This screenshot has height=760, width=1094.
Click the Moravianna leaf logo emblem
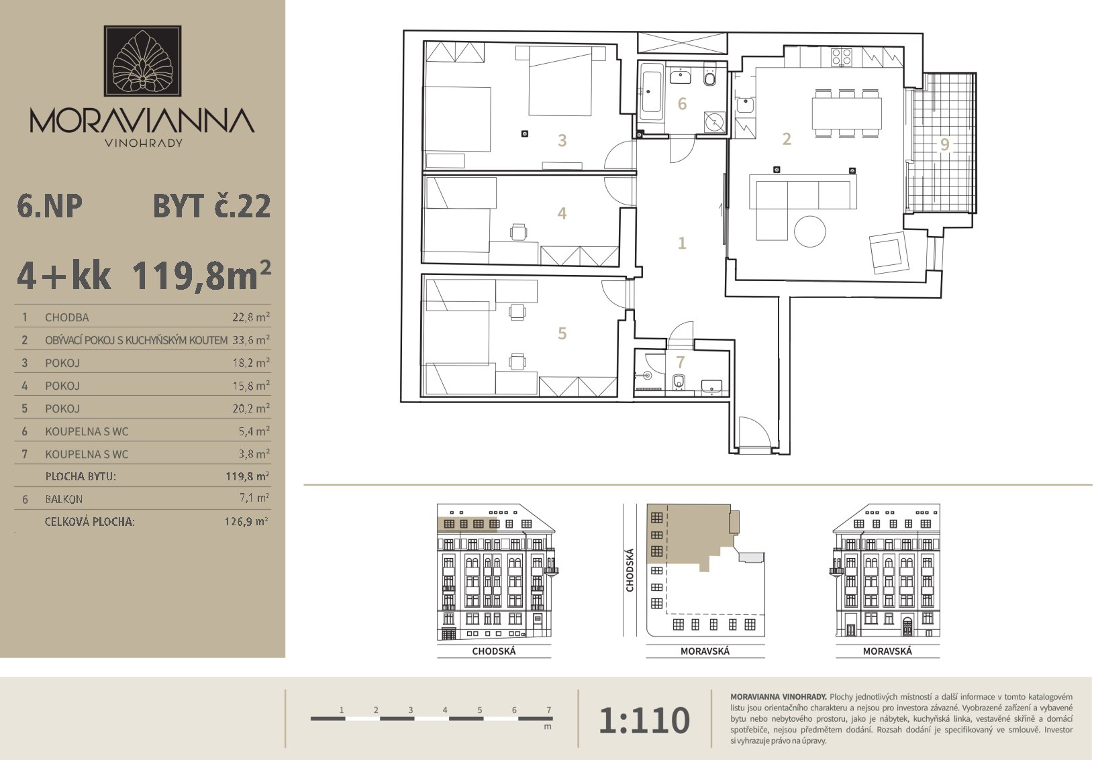coord(142,61)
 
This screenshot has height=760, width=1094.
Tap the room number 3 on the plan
coord(562,141)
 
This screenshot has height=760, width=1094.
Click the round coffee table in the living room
coord(809,231)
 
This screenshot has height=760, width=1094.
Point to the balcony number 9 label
coord(945,144)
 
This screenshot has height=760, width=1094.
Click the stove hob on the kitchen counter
coord(842,56)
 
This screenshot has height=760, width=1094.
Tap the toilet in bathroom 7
coord(679,382)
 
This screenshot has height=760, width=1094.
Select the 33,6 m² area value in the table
coord(251,339)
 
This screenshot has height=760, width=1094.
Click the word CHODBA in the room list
coord(67,317)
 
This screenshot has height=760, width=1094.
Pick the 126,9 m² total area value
coord(246,521)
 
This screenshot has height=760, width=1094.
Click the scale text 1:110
coord(644,720)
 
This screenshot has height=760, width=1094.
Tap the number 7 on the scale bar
coord(549,710)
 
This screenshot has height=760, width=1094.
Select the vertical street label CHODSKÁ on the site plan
coord(630,570)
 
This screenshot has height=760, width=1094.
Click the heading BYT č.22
coord(212,206)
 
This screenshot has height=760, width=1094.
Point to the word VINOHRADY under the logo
coord(144,143)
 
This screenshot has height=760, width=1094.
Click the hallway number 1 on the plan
coord(682,243)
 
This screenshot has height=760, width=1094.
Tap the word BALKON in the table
coord(64,499)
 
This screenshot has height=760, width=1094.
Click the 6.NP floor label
coord(49,206)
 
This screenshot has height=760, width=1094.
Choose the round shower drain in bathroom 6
coord(715,122)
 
